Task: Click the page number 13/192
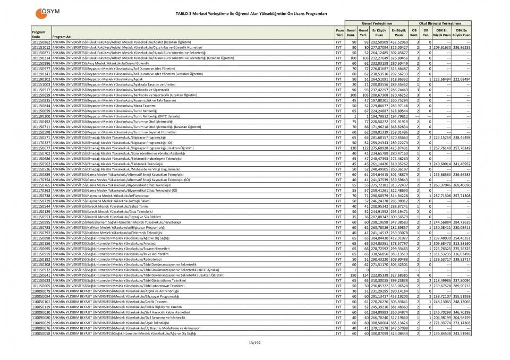click(255, 342)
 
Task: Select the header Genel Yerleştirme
click(377, 24)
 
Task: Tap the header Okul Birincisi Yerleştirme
click(440, 24)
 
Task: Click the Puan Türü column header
click(339, 32)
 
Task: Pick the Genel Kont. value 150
click(352, 275)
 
